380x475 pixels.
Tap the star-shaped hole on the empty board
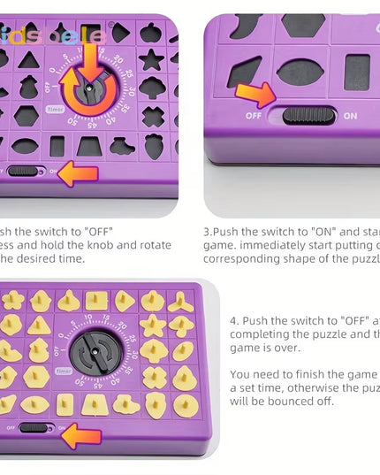[x=151, y=60]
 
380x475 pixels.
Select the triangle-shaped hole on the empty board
[x=29, y=59]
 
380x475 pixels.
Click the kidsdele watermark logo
[x=53, y=36]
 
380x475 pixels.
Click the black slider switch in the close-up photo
[x=306, y=115]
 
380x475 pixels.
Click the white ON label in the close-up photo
[x=350, y=115]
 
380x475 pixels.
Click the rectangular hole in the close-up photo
[x=357, y=71]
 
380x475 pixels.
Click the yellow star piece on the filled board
[x=154, y=325]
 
